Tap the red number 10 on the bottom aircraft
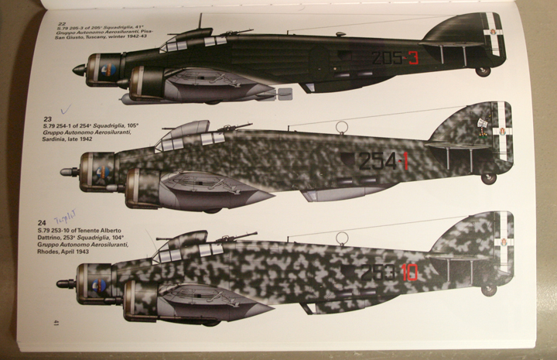[409, 273]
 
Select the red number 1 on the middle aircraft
[404, 161]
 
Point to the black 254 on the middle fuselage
[376, 161]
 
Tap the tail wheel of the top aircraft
[484, 71]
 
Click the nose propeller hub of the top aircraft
[78, 70]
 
